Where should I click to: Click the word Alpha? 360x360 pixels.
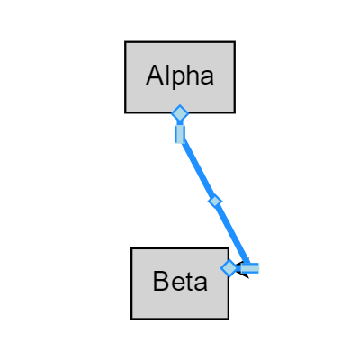click(x=180, y=76)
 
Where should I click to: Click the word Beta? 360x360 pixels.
click(x=180, y=282)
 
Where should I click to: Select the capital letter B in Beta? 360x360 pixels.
click(x=161, y=282)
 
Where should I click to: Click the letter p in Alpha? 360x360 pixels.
click(x=179, y=78)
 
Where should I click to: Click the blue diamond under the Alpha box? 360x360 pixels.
click(x=180, y=113)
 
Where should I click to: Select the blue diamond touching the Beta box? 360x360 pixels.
click(x=229, y=268)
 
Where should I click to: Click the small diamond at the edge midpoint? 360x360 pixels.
click(x=214, y=202)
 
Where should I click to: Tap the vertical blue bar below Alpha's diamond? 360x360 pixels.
click(x=180, y=134)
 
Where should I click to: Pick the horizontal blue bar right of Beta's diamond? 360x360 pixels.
click(x=249, y=268)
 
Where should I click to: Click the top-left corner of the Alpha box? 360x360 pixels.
click(x=125, y=41)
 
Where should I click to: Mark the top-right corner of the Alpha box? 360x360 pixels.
click(x=234, y=41)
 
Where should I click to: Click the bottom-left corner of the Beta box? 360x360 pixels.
click(x=131, y=318)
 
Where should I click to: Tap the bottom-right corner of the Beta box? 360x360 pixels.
click(x=229, y=318)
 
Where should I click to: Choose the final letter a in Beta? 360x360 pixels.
click(x=201, y=283)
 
